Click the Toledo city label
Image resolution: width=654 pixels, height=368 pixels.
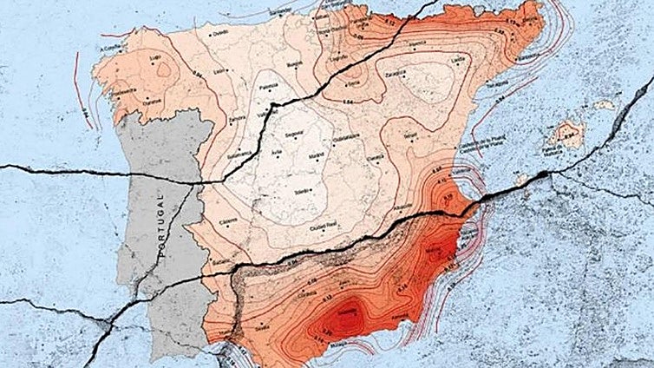coord(302,189)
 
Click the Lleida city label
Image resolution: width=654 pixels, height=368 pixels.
coord(458,58)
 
